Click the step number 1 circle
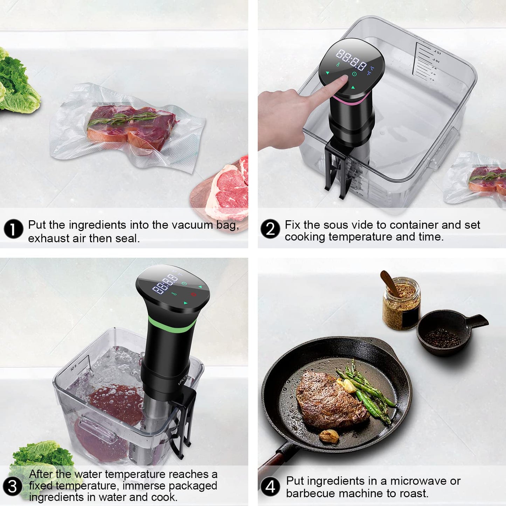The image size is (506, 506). (x=13, y=229)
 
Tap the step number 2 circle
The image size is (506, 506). (x=270, y=229)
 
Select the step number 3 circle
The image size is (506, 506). (x=13, y=486)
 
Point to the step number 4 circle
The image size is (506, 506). (x=270, y=487)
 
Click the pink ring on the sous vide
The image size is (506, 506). (x=350, y=102)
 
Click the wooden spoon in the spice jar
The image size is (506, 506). (x=389, y=282)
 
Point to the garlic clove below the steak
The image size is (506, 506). (x=329, y=436)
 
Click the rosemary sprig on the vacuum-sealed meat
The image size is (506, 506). (x=123, y=118)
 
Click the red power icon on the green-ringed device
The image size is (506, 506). (x=194, y=294)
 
